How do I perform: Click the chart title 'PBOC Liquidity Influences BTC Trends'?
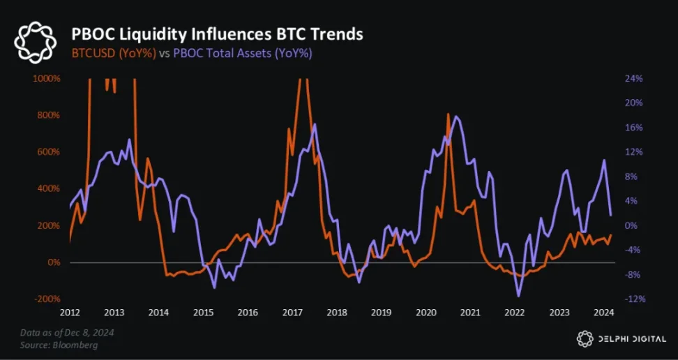pos(218,33)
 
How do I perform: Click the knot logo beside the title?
pos(36,42)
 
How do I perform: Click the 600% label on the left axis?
pos(48,152)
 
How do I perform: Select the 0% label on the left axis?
pos(53,262)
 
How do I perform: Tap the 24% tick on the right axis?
pos(633,78)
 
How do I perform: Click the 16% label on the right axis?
pos(633,128)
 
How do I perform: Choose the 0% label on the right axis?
pos(631,225)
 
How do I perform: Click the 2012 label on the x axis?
pos(70,313)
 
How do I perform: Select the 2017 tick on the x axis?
pos(292,313)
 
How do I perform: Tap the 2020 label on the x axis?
pos(425,313)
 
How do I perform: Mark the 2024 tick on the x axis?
pos(603,313)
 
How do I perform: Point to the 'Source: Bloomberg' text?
pos(59,345)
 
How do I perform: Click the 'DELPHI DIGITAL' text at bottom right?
pos(632,339)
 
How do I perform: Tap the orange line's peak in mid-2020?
pos(449,114)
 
